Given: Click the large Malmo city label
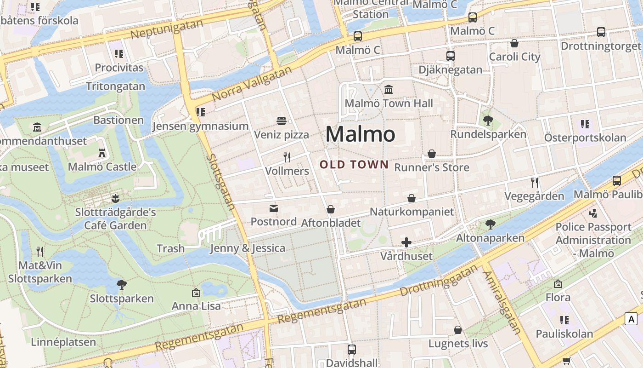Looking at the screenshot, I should (x=360, y=134).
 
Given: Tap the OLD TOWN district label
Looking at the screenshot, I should (x=354, y=164).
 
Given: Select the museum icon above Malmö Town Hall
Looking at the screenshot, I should (x=389, y=89).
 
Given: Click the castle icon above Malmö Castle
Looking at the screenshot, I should (x=102, y=153).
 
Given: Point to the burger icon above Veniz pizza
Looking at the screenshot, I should (x=282, y=121).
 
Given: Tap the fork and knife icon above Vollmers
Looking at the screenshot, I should (x=287, y=157).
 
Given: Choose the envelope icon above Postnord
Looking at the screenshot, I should (x=274, y=208).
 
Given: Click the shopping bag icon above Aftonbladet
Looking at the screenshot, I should (x=331, y=210).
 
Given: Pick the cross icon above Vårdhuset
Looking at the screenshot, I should (x=406, y=242).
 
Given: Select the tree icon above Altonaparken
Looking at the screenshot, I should (x=490, y=224).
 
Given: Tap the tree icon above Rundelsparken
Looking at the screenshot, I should (x=488, y=121).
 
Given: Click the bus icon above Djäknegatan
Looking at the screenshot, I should (x=450, y=56).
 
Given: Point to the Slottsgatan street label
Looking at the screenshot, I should (x=221, y=183).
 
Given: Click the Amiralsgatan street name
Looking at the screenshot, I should (x=502, y=303).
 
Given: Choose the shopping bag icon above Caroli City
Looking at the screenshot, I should (x=514, y=43).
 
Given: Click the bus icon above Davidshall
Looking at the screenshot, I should (x=351, y=350).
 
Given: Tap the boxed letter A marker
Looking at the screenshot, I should (x=632, y=319).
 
